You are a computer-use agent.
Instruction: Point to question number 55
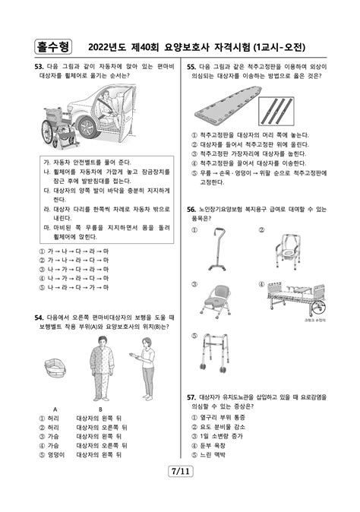191,67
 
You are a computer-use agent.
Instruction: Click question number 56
191,208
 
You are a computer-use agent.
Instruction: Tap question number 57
191,397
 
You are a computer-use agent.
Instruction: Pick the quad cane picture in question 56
223,251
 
